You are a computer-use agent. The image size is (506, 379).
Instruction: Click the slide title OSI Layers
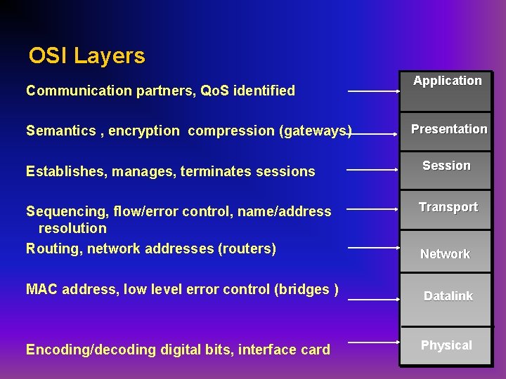click(x=87, y=56)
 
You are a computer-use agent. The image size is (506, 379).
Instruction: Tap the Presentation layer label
click(x=448, y=129)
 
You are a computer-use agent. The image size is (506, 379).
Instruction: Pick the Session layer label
click(x=446, y=166)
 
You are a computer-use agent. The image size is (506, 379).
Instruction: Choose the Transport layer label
click(x=448, y=207)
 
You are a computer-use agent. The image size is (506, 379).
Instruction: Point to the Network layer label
click(x=445, y=254)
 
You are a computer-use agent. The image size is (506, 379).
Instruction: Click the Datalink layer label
click(x=448, y=296)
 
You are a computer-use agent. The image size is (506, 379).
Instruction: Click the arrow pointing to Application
click(x=374, y=91)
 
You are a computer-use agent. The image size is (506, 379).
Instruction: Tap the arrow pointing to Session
click(x=372, y=169)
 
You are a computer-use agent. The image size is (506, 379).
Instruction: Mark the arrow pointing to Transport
click(x=372, y=208)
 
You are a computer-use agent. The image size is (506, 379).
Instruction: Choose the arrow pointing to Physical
click(x=374, y=343)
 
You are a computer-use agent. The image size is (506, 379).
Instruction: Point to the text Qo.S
click(x=215, y=91)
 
